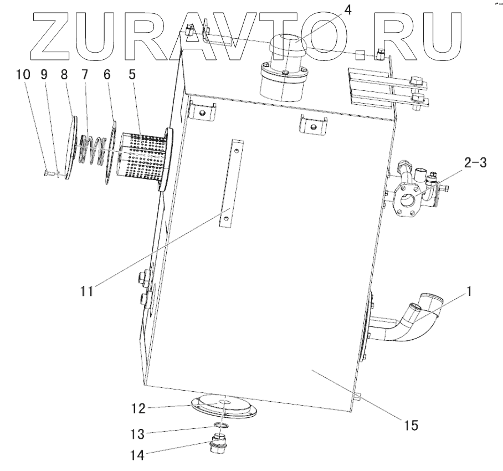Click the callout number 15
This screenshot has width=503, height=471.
pos(411,426)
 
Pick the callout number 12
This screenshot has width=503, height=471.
pos(138,408)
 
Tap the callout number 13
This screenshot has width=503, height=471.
pos(138,432)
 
